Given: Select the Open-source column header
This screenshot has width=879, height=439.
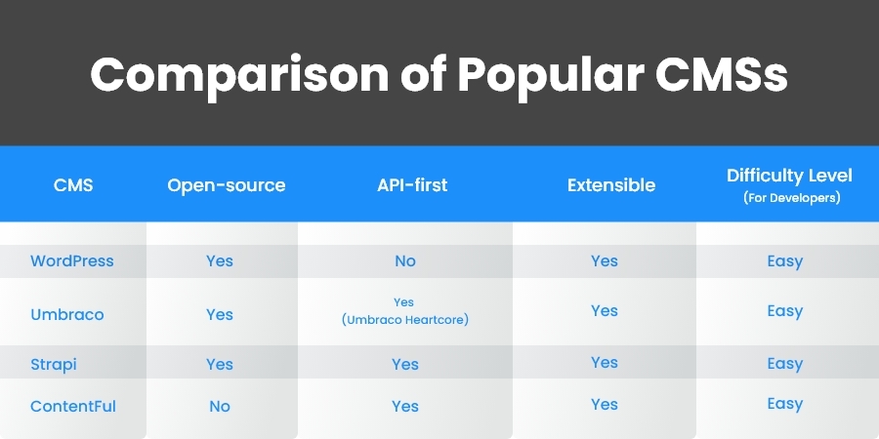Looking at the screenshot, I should click(x=226, y=184).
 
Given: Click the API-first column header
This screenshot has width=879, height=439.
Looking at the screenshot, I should click(x=404, y=184).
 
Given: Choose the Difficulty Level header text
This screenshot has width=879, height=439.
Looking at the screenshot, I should click(x=789, y=176).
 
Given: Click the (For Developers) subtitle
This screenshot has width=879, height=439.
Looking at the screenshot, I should click(x=789, y=197).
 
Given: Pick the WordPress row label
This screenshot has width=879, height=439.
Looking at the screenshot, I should click(x=72, y=261).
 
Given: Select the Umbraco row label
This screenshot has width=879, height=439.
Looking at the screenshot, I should click(x=66, y=315).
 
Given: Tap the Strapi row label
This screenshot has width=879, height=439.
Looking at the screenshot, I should click(x=54, y=364).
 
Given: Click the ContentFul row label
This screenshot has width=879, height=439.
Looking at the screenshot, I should click(x=73, y=406).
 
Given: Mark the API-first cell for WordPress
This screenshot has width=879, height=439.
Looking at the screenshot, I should click(x=404, y=261).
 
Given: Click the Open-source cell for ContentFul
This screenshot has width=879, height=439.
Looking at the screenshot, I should click(x=220, y=406).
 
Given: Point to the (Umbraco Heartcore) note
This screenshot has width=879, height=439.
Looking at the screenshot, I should click(x=404, y=320).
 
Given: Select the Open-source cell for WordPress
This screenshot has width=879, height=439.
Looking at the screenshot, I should click(x=220, y=261).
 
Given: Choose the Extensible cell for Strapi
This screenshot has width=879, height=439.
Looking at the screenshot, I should click(x=605, y=362).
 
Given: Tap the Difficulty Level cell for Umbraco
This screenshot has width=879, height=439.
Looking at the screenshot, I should click(x=785, y=311).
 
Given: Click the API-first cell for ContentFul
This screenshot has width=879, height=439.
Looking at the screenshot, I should click(x=404, y=406).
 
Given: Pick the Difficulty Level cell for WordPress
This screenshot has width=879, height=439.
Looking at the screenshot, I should click(x=785, y=261).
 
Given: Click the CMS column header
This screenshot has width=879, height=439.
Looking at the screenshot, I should click(x=73, y=184).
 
